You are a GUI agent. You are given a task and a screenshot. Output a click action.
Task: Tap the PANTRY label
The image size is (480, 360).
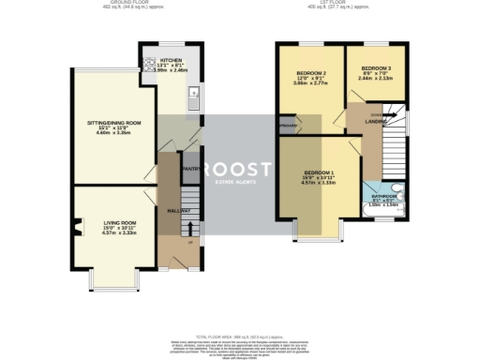coord(188,169)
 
